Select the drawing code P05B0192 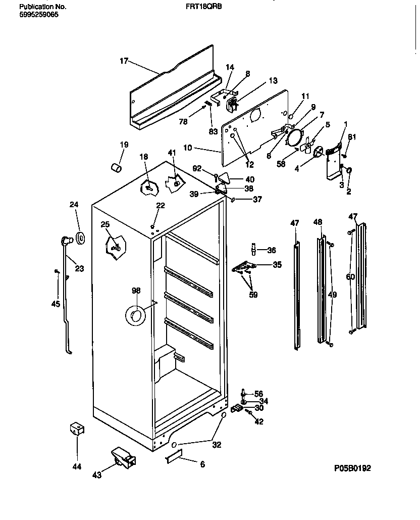(x=352, y=468)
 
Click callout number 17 (x=124, y=61)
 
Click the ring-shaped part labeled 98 (x=136, y=316)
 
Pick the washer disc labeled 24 (x=80, y=238)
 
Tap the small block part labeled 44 (x=77, y=430)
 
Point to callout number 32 (x=217, y=445)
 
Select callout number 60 (x=350, y=276)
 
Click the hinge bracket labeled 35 (x=244, y=267)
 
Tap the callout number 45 (x=56, y=304)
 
